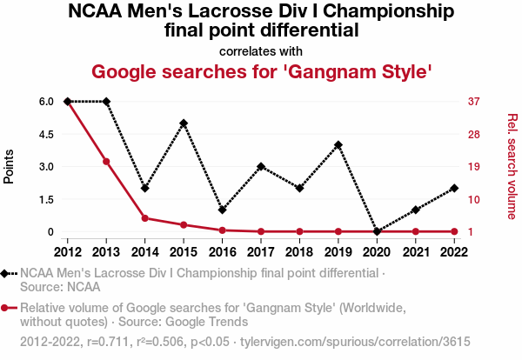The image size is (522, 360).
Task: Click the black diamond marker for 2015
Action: (184, 123)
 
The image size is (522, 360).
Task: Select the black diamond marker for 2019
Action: (338, 144)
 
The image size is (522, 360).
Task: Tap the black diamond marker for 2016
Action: (223, 210)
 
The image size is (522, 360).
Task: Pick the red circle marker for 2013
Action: (106, 162)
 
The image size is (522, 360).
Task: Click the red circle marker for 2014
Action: (144, 218)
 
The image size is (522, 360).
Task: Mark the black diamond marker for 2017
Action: (261, 166)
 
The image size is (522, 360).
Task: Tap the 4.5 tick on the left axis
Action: (44, 134)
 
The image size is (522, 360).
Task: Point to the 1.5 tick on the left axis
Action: (44, 199)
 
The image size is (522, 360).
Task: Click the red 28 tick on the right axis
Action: (475, 134)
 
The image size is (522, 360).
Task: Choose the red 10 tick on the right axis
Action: (475, 199)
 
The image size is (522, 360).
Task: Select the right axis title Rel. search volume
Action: (512, 166)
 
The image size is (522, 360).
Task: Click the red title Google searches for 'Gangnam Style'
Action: (261, 70)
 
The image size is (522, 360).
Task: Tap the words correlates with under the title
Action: (261, 50)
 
